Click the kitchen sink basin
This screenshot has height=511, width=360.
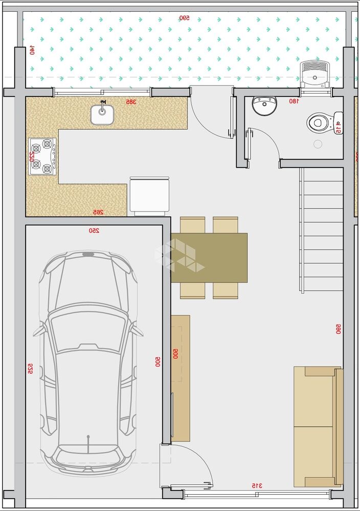click(103, 114)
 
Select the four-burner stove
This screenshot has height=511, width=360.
click(42, 156)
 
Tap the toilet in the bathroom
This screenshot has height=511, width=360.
click(319, 122)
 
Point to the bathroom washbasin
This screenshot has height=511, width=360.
click(264, 106)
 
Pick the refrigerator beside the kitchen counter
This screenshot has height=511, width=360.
click(149, 196)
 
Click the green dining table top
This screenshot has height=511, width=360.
click(210, 258)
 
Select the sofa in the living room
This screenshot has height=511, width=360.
click(318, 426)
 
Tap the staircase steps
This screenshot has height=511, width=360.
click(321, 230)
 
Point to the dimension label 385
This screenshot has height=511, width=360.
click(131, 102)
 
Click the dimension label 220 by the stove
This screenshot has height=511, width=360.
click(31, 156)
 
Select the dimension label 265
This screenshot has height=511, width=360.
click(98, 212)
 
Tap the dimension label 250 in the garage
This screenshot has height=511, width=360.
click(94, 231)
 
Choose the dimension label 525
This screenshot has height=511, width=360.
click(30, 368)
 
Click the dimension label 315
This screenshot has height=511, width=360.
click(257, 485)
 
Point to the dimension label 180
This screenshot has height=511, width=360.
click(294, 101)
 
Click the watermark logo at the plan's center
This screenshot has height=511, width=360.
click(180, 255)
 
